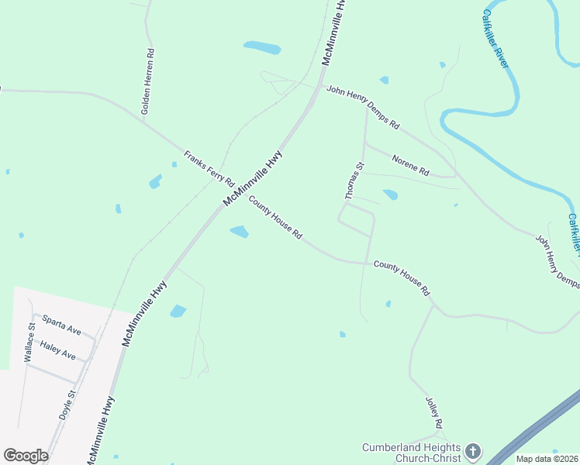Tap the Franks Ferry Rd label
209,167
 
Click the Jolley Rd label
433,413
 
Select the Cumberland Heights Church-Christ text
412,453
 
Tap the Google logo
26,456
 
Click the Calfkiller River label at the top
495,38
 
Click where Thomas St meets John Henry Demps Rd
366,106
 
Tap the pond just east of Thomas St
390,195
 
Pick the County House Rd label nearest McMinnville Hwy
274,218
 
